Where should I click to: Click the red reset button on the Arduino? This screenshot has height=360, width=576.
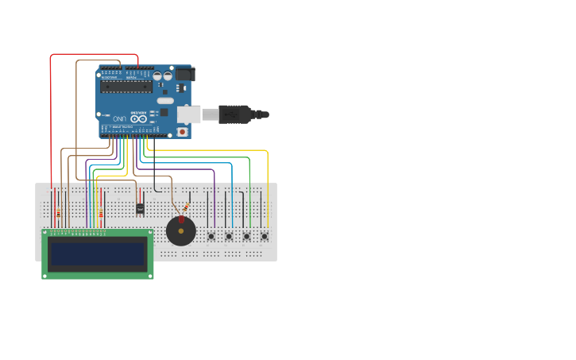point(183,132)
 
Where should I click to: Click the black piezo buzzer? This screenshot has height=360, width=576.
point(181,231)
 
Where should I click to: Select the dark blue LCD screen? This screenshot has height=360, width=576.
point(98,254)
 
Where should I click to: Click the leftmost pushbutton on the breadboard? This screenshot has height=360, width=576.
point(211,236)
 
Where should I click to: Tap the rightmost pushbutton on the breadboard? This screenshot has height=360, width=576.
point(264,236)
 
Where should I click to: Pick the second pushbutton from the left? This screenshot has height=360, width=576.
point(229,236)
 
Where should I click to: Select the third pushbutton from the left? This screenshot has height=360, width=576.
point(246,236)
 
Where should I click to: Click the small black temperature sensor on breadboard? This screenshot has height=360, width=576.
point(140,209)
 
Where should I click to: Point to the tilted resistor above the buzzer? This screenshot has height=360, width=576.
point(185,208)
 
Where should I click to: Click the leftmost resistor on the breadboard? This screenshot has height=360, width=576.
point(60,212)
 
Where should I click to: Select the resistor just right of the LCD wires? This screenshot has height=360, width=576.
point(101,213)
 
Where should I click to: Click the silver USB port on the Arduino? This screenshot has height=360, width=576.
point(188,114)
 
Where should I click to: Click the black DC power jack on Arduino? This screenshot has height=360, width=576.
point(184,74)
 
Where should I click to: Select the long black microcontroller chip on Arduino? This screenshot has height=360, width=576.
point(126,86)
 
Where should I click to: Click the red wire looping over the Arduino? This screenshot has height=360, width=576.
point(52,119)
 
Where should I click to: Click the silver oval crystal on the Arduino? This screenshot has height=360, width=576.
point(165,101)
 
